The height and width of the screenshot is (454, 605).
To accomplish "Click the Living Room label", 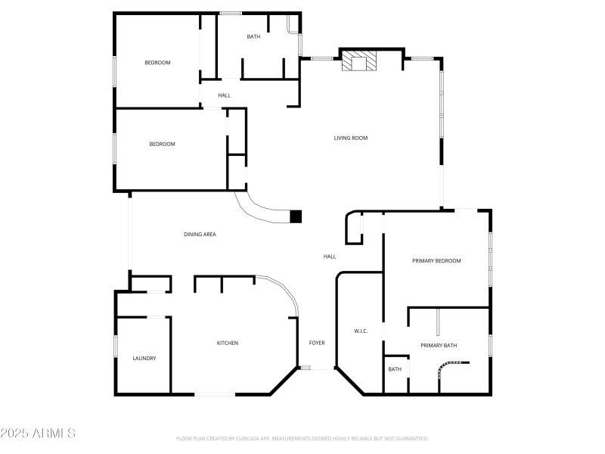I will click(351, 138).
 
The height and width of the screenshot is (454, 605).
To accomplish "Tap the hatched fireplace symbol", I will click(358, 61).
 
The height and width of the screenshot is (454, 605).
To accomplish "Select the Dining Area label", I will click(200, 235).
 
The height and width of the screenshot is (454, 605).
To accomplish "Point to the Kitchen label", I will click(228, 343).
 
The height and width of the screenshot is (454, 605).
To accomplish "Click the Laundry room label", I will click(144, 358).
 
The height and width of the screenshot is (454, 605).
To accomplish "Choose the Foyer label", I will click(317, 343).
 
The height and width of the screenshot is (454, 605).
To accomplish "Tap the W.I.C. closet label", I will click(361, 331).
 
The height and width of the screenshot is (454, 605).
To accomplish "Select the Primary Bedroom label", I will click(436, 260).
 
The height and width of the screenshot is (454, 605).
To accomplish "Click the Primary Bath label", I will click(439, 345).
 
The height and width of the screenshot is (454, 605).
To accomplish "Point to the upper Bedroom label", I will click(157, 62).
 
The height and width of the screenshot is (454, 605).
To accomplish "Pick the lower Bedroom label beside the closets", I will click(162, 144).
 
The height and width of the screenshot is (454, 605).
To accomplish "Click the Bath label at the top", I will click(254, 36).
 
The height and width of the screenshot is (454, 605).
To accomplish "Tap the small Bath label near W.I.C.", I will click(395, 369).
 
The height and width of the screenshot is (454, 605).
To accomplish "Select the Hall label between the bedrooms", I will click(225, 95).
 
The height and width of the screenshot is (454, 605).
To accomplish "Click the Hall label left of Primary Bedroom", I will click(330, 257).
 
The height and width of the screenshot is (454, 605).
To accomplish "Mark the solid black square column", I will click(296, 216).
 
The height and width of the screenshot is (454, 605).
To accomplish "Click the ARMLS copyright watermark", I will click(38, 434).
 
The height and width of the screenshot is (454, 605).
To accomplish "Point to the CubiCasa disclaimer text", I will click(302, 438).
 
